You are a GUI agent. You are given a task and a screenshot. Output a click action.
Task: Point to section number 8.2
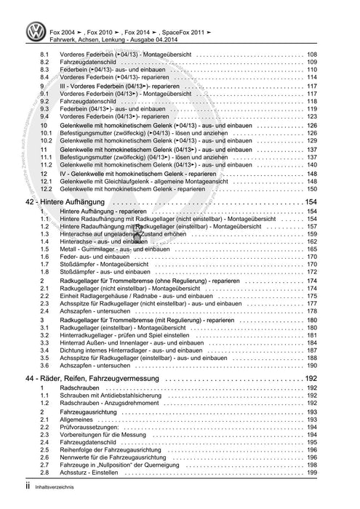44,63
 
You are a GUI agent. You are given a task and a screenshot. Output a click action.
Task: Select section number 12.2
45,188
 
